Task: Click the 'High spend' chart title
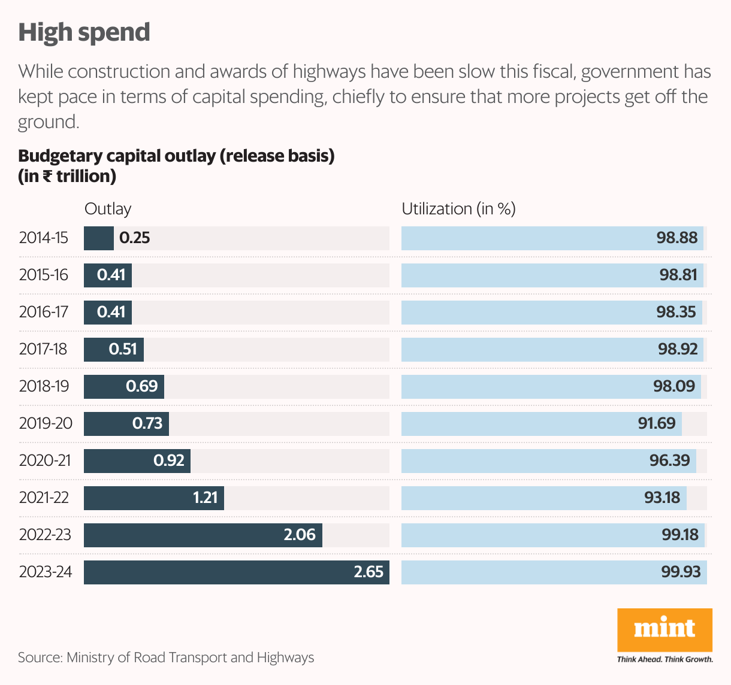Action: tap(84, 32)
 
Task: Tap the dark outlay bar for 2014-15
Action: tap(98, 238)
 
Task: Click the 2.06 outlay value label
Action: tap(300, 535)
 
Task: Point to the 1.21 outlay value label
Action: tap(206, 498)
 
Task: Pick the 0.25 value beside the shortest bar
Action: tap(135, 238)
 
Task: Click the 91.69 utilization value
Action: tap(657, 423)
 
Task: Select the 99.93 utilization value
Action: tap(681, 572)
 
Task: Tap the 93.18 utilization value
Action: tap(662, 498)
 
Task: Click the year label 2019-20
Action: tap(46, 423)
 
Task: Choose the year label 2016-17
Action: tap(44, 312)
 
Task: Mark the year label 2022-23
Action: tap(45, 535)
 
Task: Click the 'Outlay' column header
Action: tap(108, 209)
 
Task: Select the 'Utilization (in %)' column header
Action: tap(458, 209)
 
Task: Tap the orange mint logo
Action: tap(664, 629)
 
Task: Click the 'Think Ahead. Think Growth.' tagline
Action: tap(665, 659)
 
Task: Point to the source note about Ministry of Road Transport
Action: tap(166, 657)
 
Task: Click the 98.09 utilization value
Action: tap(674, 386)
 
